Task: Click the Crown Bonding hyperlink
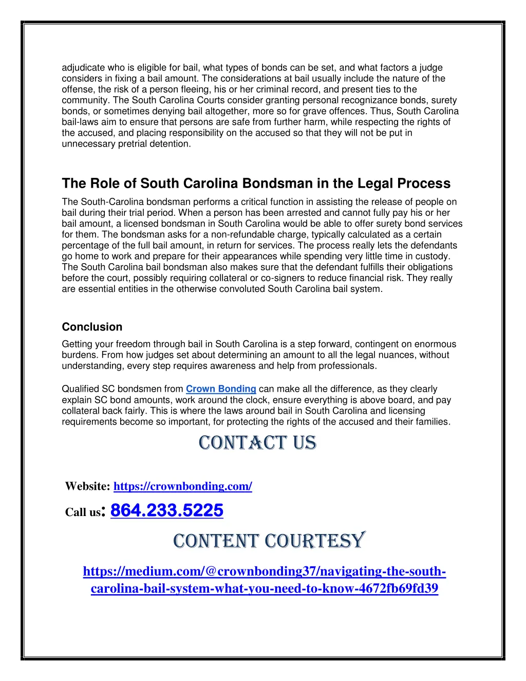tap(221, 389)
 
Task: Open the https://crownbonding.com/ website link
tap(182, 486)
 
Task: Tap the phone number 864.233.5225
tap(167, 510)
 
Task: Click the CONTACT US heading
tap(257, 443)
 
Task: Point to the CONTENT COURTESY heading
tap(269, 541)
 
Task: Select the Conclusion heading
tap(92, 327)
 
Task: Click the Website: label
tap(87, 486)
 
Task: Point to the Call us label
tap(83, 512)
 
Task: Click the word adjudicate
tap(83, 68)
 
